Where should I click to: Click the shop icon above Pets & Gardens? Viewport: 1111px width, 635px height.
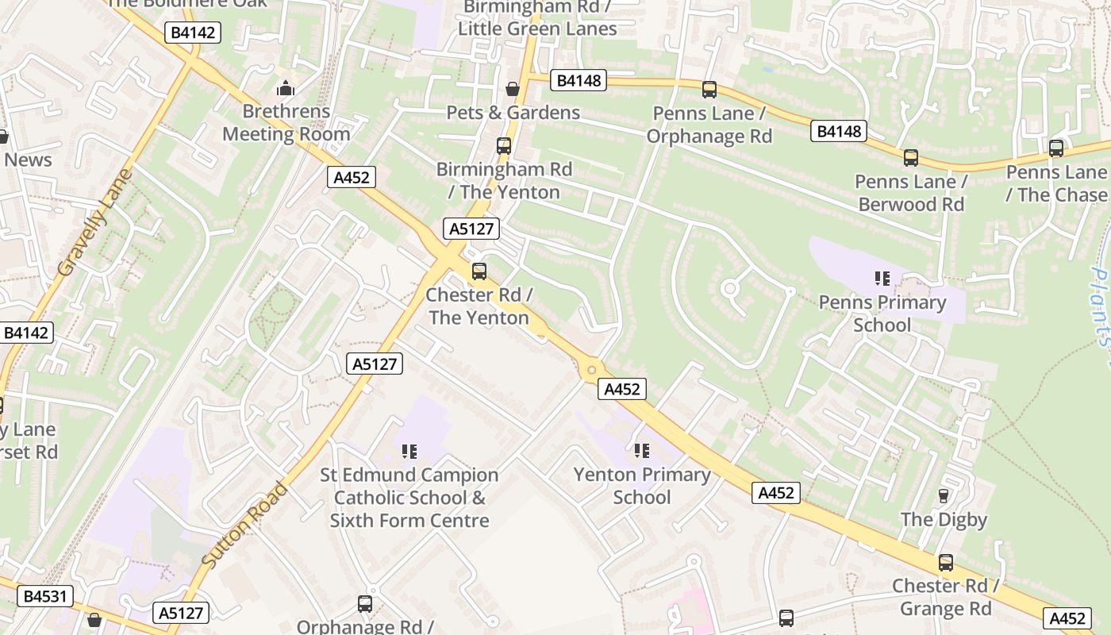(x=513, y=89)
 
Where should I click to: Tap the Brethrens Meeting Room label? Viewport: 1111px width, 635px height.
(x=286, y=123)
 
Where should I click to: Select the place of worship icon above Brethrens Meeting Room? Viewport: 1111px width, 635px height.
(x=286, y=88)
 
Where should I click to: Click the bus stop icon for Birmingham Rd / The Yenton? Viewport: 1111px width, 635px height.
(x=504, y=146)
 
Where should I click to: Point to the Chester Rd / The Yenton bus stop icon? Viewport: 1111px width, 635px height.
(x=479, y=271)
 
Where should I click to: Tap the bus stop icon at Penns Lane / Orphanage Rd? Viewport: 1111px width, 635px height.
(x=709, y=90)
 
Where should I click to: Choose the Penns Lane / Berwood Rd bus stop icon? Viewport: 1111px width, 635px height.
(x=911, y=158)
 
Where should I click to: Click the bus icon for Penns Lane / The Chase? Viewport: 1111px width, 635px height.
(x=1056, y=148)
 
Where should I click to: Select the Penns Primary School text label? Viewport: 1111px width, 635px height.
(x=882, y=314)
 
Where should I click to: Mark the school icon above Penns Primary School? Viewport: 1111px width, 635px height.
(x=882, y=279)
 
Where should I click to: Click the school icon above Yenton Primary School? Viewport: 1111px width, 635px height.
(x=642, y=452)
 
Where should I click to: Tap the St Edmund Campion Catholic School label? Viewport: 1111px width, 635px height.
(x=409, y=498)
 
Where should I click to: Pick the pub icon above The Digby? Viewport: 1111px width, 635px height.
(x=944, y=496)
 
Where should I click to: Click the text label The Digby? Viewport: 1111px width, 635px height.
(x=944, y=520)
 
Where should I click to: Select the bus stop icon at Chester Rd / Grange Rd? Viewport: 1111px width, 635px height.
(x=946, y=563)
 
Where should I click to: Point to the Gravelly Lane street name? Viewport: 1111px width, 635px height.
(x=93, y=223)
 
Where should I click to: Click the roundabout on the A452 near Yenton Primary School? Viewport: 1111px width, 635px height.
(x=591, y=369)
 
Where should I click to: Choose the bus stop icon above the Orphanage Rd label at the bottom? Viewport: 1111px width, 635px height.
(x=365, y=604)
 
